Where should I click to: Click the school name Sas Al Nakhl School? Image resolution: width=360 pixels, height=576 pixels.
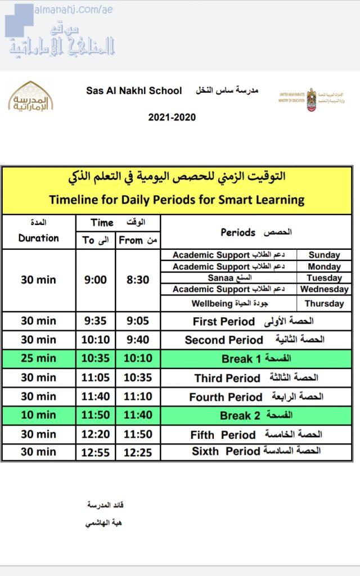pyautogui.click(x=134, y=90)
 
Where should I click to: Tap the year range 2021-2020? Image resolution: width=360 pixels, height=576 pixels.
pyautogui.click(x=172, y=118)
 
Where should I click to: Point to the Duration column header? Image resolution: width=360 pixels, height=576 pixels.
pyautogui.click(x=38, y=238)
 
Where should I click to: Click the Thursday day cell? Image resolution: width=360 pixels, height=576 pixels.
pyautogui.click(x=324, y=303)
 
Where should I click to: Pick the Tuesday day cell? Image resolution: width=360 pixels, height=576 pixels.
pyautogui.click(x=324, y=278)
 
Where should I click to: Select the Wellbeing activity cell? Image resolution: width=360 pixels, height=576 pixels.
pyautogui.click(x=228, y=303)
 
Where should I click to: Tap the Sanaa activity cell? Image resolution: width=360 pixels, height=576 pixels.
pyautogui.click(x=228, y=278)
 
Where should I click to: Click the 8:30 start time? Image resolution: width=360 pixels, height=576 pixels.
pyautogui.click(x=138, y=280)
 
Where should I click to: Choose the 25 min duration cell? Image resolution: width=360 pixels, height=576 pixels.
pyautogui.click(x=38, y=358)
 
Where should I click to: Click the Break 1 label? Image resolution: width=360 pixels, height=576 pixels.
pyautogui.click(x=256, y=359)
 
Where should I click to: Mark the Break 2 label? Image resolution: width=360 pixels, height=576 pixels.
pyautogui.click(x=256, y=416)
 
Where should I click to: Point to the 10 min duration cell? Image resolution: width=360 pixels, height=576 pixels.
pyautogui.click(x=38, y=415)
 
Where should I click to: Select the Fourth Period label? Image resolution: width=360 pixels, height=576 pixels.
pyautogui.click(x=256, y=397)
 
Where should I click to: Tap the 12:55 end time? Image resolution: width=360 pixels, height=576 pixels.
pyautogui.click(x=96, y=452)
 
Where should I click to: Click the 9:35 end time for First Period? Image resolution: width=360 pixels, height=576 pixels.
pyautogui.click(x=96, y=321)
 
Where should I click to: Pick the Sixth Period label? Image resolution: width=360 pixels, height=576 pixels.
pyautogui.click(x=256, y=451)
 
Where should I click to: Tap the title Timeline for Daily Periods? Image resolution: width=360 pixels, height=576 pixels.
pyautogui.click(x=177, y=199)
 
